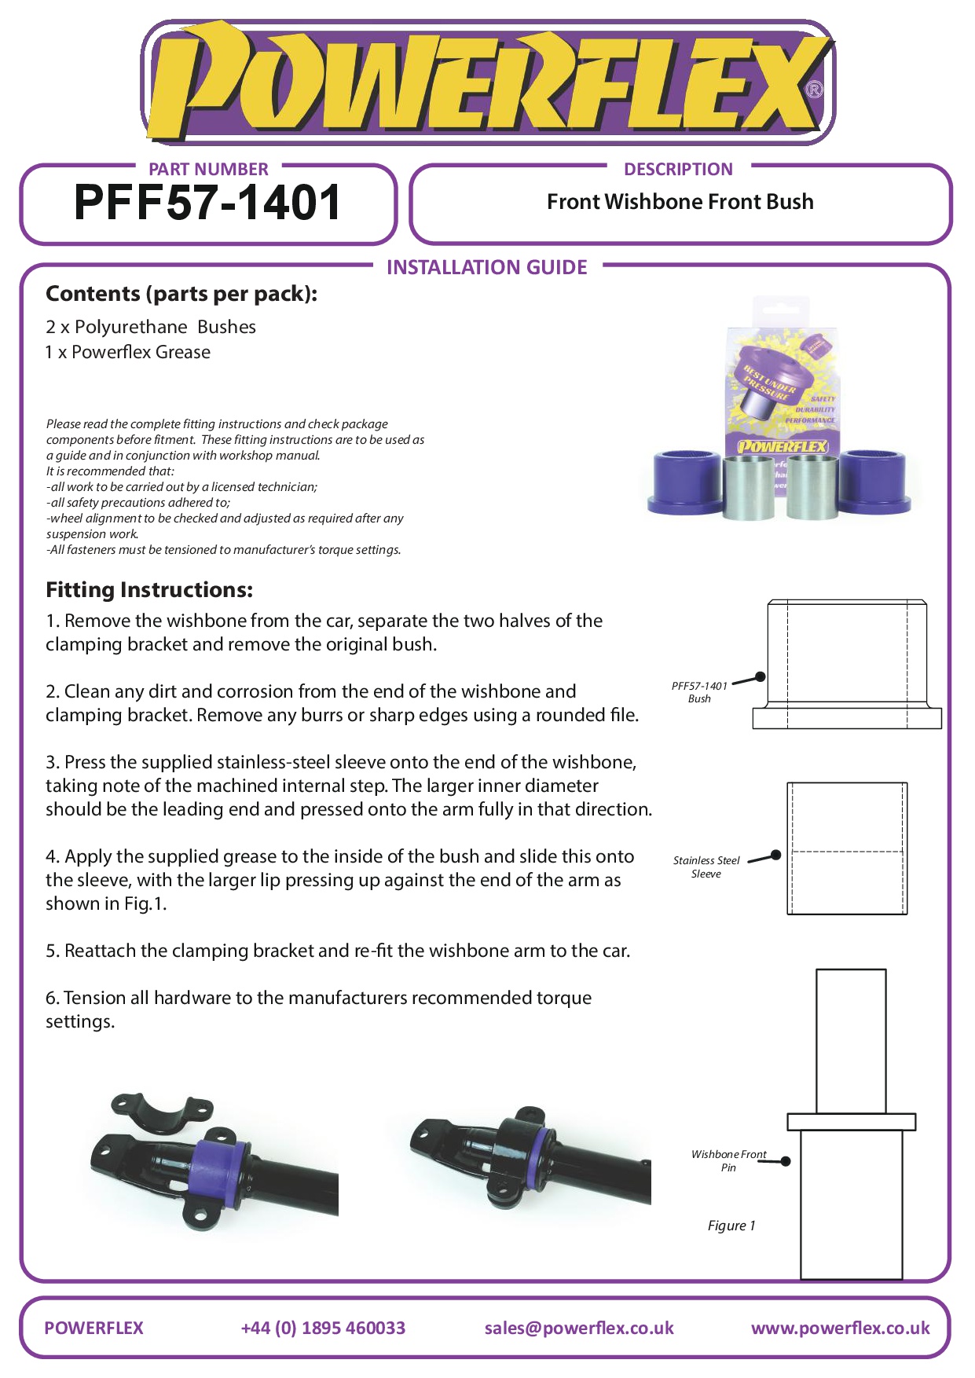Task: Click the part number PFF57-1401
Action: (207, 203)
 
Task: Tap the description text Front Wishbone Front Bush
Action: (680, 202)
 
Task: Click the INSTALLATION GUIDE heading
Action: (486, 268)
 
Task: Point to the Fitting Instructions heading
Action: (149, 590)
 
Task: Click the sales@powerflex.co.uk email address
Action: (579, 1328)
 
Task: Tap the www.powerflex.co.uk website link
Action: (840, 1328)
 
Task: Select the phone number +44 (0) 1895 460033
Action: (323, 1328)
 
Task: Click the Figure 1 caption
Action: (731, 1226)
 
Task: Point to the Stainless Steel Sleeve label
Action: (706, 867)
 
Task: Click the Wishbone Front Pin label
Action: (728, 1160)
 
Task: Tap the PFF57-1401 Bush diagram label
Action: (699, 692)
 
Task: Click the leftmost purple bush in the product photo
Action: (687, 482)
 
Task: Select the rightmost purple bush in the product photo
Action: (875, 482)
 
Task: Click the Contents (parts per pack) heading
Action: (181, 294)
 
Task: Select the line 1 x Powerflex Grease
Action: (128, 352)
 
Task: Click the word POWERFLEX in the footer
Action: (93, 1328)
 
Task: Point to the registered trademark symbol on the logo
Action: (815, 90)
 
